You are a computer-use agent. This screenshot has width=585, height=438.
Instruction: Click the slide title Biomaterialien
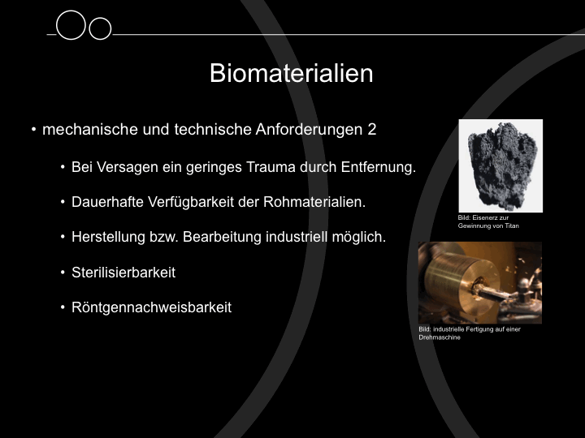coord(292,73)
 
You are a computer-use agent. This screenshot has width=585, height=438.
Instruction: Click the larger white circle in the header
coord(71,12)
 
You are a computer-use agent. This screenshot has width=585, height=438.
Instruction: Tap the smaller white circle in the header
coord(100,18)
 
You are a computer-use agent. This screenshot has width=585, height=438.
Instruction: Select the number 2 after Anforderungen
coord(371,130)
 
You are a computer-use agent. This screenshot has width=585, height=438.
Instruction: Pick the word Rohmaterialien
coord(314,202)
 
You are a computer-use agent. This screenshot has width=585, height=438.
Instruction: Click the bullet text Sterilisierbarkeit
coord(123,273)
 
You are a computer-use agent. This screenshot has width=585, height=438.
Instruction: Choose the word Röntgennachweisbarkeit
coord(151,307)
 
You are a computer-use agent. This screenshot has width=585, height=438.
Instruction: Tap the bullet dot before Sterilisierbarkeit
coord(63,273)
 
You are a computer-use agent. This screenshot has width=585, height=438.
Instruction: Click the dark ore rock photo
coord(500,166)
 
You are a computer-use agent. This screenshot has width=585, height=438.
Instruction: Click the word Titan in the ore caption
coord(512,225)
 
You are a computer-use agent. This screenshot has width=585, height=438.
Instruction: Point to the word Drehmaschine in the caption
coord(440,337)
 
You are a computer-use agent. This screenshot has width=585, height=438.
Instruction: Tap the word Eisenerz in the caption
coord(484,218)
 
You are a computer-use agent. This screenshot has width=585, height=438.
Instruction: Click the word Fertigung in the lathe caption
coord(475,329)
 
